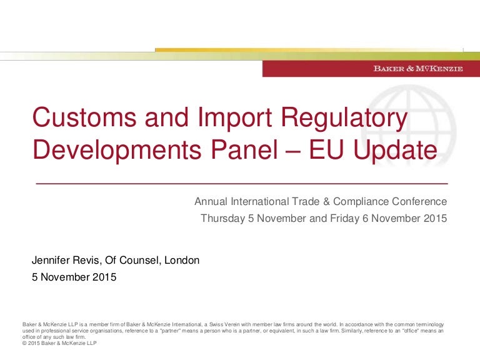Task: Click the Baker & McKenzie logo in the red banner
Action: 418,69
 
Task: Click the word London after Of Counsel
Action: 181,260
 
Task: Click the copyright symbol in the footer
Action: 24,343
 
